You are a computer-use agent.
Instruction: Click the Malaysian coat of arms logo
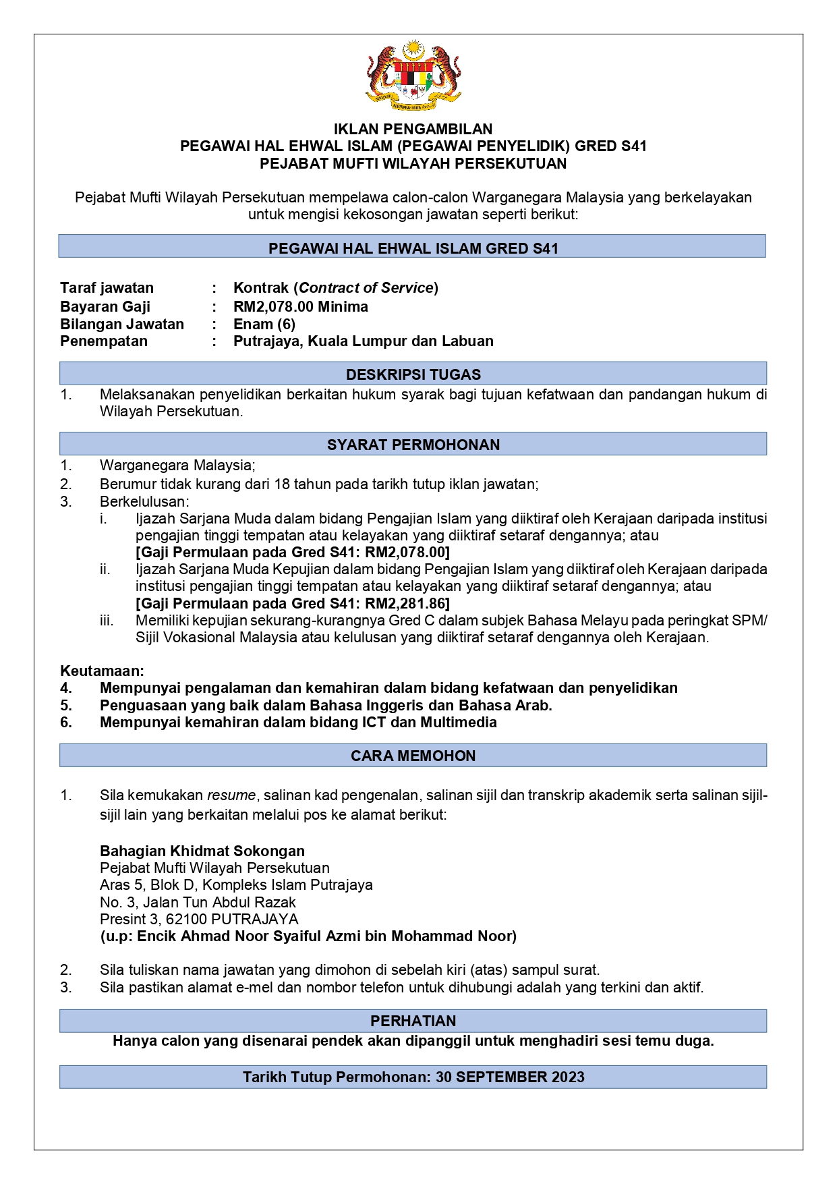[413, 76]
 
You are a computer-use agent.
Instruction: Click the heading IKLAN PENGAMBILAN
[413, 129]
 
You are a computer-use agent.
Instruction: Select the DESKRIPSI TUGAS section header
[413, 374]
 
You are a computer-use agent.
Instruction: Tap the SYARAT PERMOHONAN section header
[413, 445]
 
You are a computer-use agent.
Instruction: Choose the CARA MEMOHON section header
[413, 756]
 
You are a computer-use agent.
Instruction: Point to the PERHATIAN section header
[413, 1021]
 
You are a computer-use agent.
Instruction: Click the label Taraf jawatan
[107, 288]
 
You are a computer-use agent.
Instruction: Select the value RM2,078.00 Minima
[300, 307]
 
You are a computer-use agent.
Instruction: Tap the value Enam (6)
[264, 324]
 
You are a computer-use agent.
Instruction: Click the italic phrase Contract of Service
[366, 288]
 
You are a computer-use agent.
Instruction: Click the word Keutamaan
[102, 671]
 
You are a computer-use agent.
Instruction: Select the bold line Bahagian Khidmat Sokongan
[202, 851]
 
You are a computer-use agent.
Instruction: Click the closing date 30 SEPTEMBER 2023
[510, 1077]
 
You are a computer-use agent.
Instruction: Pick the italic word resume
[231, 795]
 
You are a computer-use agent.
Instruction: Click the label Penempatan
[103, 341]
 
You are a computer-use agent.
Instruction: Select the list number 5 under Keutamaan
[65, 706]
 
